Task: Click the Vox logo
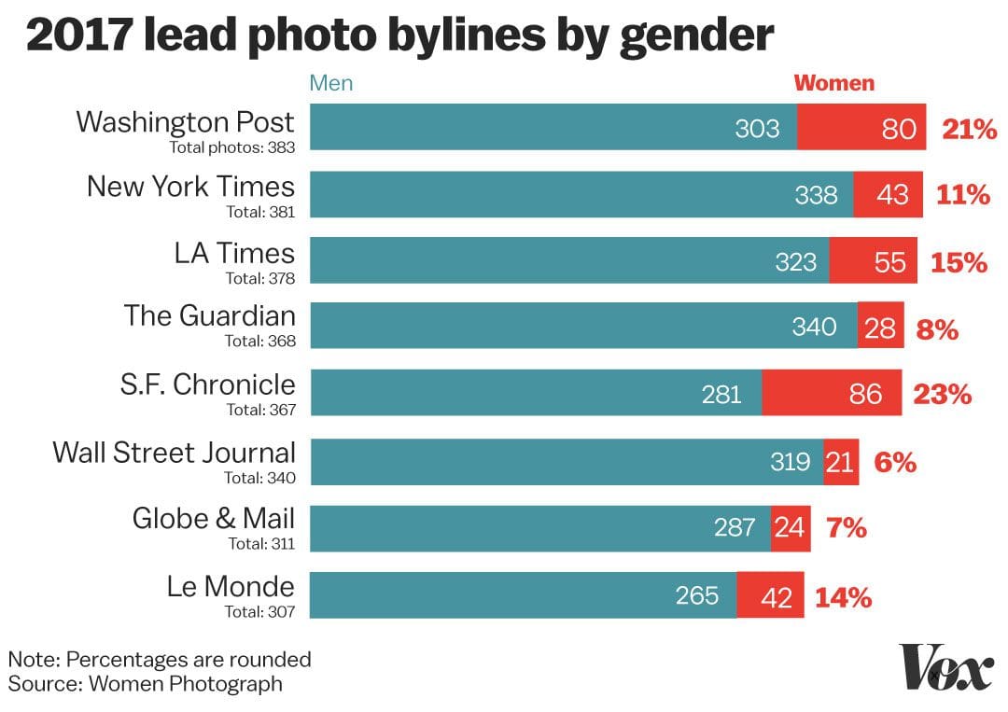coord(945,668)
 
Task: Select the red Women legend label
coord(834,83)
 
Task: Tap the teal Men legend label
coord(331,83)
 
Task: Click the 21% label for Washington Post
coord(970,129)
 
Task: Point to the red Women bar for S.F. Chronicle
coord(832,394)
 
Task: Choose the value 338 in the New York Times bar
coord(816,195)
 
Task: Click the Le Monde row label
coord(231,586)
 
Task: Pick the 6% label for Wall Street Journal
coord(895,461)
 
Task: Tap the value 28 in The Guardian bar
coord(880,328)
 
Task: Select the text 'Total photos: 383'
coord(231,147)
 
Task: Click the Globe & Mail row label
coord(213,519)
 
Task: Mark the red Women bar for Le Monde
coord(770,595)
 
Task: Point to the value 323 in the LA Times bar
coord(795,262)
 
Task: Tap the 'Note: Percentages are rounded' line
coord(160,659)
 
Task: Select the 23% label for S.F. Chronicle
coord(944,394)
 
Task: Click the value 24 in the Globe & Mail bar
coord(789,528)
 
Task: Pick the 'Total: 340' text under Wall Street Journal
coord(259,478)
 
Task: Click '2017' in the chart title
coord(78,36)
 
